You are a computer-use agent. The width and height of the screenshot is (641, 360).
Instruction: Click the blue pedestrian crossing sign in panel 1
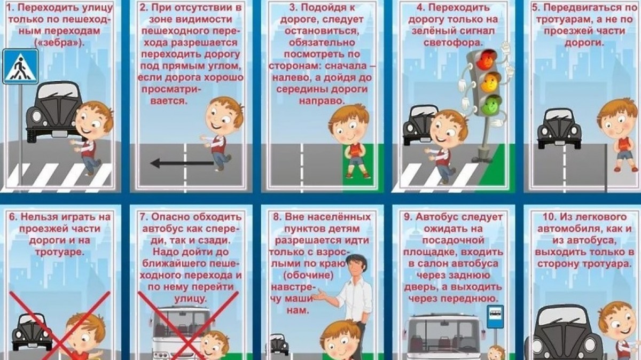pos(20,66)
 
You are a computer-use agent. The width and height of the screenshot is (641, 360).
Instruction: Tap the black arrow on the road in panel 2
pos(182,163)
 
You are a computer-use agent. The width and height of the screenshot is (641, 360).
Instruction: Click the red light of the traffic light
pos(488,60)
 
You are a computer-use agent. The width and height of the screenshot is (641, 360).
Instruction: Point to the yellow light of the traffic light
pos(490,82)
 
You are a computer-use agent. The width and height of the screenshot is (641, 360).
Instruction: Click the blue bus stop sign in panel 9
pos(495,317)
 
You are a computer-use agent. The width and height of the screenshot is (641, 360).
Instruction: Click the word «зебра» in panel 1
pos(59,43)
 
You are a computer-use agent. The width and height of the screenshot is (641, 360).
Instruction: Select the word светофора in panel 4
pos(454,43)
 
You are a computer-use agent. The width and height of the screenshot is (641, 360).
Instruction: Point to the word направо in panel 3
pos(322,101)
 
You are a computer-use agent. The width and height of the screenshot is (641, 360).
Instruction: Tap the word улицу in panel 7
pos(190,299)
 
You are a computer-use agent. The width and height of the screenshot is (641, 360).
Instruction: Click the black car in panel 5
pos(559,129)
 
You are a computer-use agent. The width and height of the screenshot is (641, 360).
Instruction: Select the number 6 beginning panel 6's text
pos(12,217)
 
